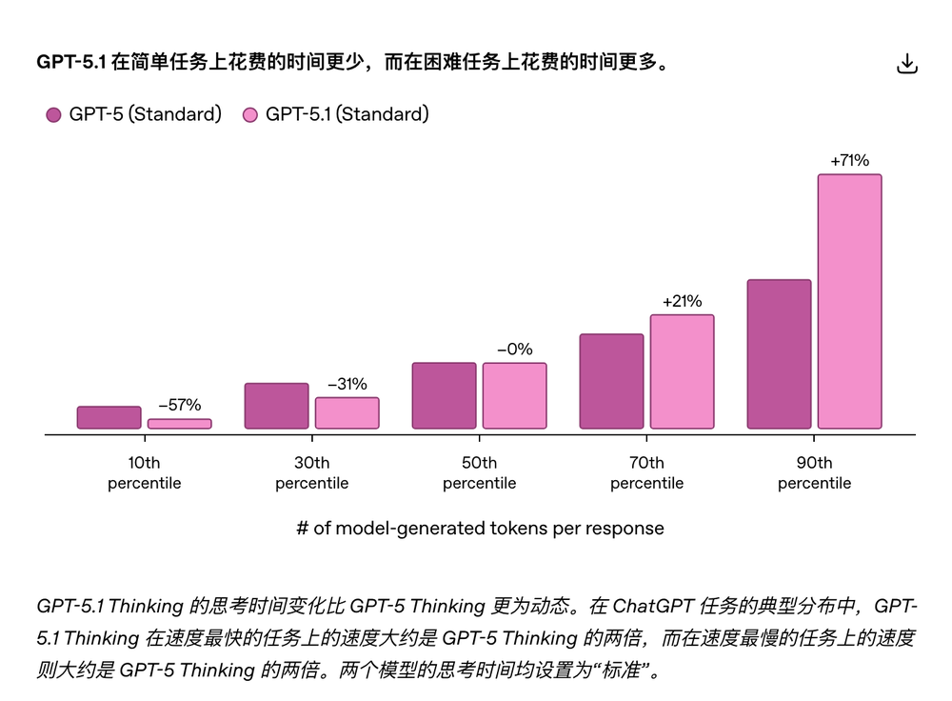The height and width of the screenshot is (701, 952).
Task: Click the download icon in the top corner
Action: pos(907,64)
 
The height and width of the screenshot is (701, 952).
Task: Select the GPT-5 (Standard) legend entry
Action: pos(133,114)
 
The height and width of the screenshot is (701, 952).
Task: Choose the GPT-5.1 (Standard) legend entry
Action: pos(335,114)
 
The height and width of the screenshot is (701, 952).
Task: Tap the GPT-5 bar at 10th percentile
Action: pos(109,417)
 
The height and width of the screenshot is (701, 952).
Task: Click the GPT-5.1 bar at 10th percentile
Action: pos(180,424)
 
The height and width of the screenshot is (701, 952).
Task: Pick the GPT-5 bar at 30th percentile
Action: pos(277,406)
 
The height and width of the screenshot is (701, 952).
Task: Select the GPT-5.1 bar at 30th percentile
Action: pos(347,413)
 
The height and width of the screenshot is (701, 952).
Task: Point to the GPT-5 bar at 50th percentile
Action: pos(445,395)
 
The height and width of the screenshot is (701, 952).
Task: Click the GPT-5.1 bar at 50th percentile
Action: pos(515,395)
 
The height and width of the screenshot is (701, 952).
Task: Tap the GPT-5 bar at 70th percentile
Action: pos(611,381)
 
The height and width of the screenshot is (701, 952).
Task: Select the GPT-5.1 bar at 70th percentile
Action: pos(683,371)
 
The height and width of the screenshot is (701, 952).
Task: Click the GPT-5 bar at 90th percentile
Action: pos(779,354)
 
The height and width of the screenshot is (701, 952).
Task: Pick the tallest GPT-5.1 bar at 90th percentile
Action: pos(850,301)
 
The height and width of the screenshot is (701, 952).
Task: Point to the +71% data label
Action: pos(849,161)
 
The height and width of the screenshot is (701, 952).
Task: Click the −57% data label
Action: pos(179,405)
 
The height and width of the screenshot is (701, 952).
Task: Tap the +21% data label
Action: pos(682,301)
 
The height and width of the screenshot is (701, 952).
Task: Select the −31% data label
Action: pos(347,384)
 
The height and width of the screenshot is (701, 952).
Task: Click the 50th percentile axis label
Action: pos(480,473)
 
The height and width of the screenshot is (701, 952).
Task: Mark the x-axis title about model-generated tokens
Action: pos(480,528)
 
